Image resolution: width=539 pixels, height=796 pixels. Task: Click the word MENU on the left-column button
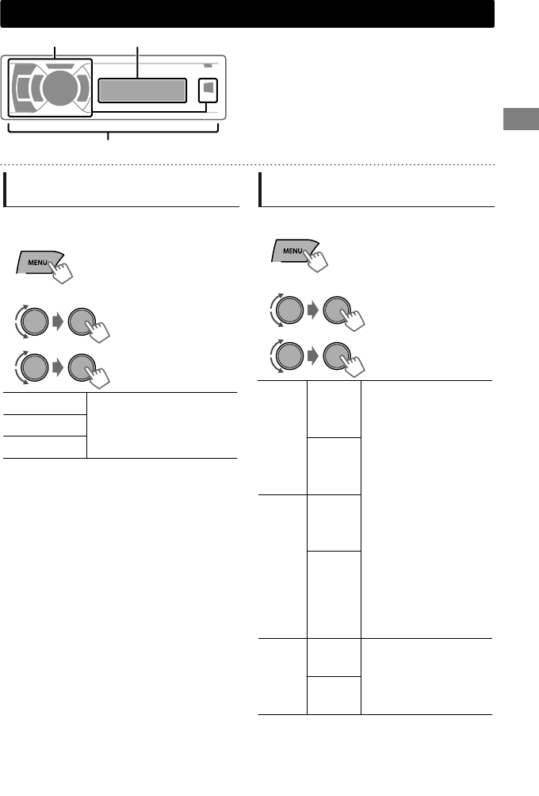tap(36, 261)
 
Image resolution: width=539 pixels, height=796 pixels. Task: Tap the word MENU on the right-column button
tap(293, 251)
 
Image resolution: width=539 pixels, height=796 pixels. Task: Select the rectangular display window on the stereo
tap(143, 90)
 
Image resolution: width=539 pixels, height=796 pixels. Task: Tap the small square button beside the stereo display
tap(206, 90)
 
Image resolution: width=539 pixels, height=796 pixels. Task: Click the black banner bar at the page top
tap(247, 13)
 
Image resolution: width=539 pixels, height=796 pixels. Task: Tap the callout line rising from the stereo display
tap(138, 63)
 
